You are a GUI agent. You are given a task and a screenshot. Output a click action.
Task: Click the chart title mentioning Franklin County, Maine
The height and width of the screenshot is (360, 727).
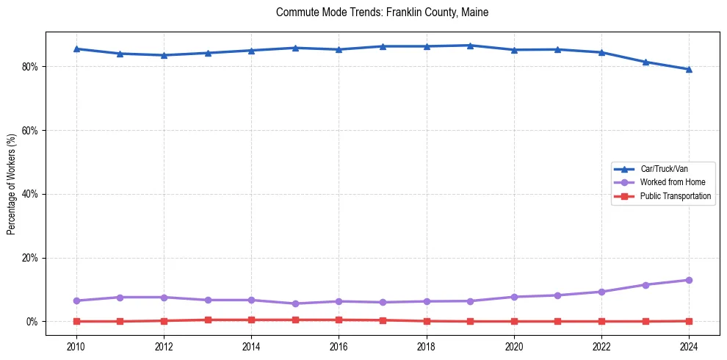pyautogui.click(x=382, y=12)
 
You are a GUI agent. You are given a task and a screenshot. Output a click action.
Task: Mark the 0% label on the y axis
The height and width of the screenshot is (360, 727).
pyautogui.click(x=32, y=322)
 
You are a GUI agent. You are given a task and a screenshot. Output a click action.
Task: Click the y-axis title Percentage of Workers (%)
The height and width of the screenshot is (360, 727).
pyautogui.click(x=12, y=184)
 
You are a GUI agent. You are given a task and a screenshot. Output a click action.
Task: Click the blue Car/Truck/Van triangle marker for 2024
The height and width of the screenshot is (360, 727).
pyautogui.click(x=689, y=70)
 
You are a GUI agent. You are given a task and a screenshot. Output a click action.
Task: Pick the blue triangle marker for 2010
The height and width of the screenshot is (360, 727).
pyautogui.click(x=76, y=48)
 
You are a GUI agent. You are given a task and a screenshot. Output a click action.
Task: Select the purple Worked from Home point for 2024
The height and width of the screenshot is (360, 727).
pyautogui.click(x=689, y=280)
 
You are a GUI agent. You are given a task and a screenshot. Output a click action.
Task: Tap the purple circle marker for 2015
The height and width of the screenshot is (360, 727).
pyautogui.click(x=295, y=303)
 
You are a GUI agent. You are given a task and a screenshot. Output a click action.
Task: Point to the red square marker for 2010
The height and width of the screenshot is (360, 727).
pyautogui.click(x=76, y=321)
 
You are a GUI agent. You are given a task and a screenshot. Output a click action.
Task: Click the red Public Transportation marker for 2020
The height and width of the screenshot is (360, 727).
pyautogui.click(x=514, y=321)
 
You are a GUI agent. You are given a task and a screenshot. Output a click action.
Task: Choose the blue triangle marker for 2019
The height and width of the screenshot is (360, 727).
pyautogui.click(x=470, y=46)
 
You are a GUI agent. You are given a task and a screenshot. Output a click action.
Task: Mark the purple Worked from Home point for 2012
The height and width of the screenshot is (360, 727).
pyautogui.click(x=164, y=298)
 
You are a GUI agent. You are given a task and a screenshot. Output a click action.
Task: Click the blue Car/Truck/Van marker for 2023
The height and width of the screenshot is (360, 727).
pyautogui.click(x=645, y=62)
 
